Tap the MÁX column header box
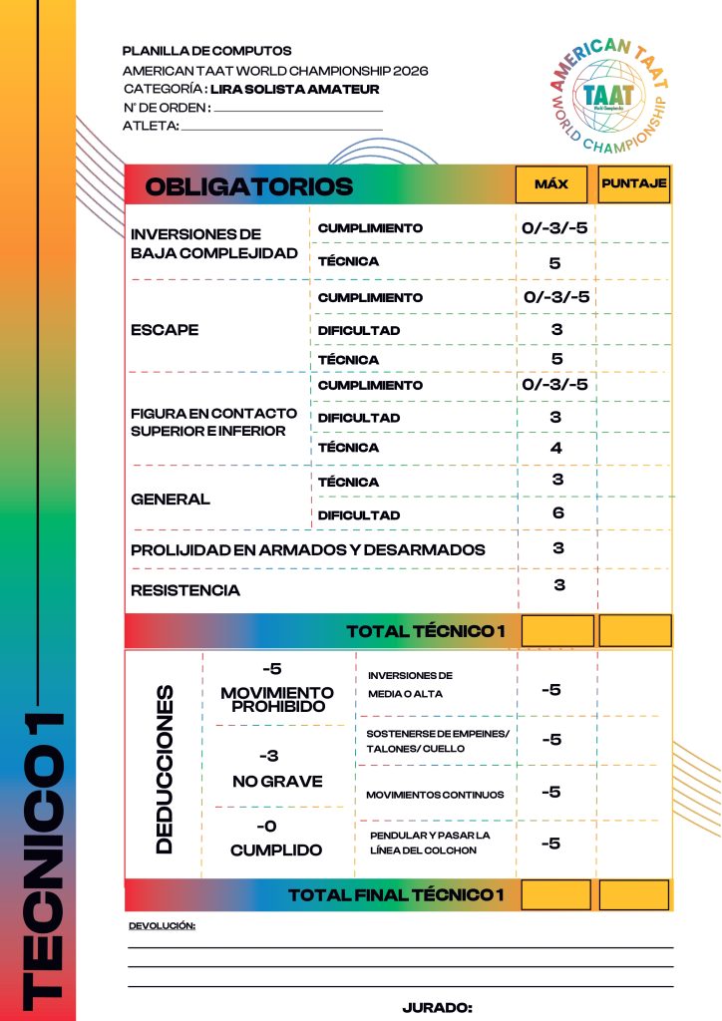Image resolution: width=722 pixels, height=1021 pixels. (551, 184)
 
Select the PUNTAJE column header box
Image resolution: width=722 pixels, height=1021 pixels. (634, 184)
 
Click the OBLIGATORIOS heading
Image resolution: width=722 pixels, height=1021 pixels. (249, 186)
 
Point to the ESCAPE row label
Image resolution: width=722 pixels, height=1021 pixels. (165, 329)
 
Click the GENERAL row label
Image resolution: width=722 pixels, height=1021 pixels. (171, 499)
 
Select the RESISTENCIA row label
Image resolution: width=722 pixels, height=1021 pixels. (185, 590)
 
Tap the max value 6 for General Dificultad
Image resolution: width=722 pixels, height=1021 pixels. (558, 512)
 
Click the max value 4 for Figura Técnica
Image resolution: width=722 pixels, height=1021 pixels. (556, 448)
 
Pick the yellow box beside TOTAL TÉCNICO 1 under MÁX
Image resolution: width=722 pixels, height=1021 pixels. (557, 630)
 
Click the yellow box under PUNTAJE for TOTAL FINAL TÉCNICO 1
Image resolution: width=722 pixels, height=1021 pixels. (634, 895)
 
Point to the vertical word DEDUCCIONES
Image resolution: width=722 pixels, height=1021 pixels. (165, 768)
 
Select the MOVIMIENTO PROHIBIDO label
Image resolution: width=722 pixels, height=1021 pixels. (277, 699)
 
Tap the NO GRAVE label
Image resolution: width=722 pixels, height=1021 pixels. (277, 782)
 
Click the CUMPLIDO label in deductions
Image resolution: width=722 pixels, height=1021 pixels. (276, 851)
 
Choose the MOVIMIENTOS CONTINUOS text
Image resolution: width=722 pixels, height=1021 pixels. (435, 795)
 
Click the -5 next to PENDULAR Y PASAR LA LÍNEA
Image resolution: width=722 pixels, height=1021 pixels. (550, 844)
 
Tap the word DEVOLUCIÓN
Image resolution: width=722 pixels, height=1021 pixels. (162, 926)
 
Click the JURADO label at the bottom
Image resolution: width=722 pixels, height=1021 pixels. (437, 1008)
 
